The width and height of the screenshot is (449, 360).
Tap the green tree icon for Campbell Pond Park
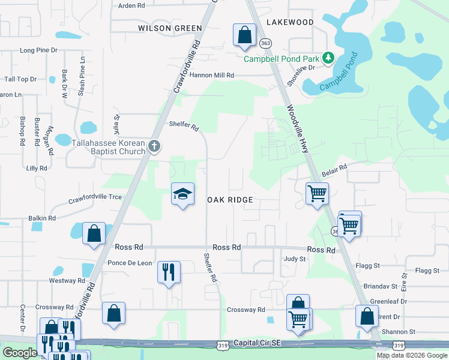pyautogui.click(x=328, y=58)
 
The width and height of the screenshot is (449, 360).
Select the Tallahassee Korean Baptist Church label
pyautogui.click(x=109, y=148)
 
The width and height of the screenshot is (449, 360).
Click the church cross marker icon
pyautogui.click(x=154, y=146)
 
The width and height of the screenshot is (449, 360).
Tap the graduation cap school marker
pyautogui.click(x=182, y=194)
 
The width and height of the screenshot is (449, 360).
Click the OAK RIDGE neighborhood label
pyautogui.click(x=230, y=199)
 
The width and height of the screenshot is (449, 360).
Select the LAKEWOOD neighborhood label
pyautogui.click(x=289, y=22)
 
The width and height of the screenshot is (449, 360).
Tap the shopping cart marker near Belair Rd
pyautogui.click(x=316, y=194)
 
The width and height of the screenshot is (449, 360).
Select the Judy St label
pyautogui.click(x=295, y=259)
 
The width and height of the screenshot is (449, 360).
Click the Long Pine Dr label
pyautogui.click(x=38, y=50)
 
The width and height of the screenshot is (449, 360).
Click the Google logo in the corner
pyautogui.click(x=20, y=352)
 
